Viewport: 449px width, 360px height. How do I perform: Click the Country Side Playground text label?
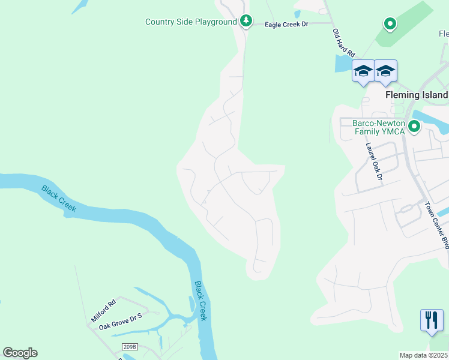(191, 22)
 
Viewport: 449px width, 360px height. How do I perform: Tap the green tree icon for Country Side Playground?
(246, 22)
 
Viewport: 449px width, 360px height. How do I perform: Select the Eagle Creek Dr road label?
(286, 25)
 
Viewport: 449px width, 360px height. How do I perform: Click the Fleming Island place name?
(417, 95)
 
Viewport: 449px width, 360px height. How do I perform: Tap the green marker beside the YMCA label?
(414, 127)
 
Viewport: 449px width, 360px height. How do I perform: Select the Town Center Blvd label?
(436, 226)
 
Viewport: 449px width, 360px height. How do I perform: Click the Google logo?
(20, 353)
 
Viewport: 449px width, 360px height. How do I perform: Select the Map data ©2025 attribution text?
(424, 355)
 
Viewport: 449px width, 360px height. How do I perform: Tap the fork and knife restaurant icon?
(431, 320)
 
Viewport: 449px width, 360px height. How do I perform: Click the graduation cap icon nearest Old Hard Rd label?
(363, 72)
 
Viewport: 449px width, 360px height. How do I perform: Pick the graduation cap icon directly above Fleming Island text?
(385, 72)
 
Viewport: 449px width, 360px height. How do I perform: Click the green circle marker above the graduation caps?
(390, 24)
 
